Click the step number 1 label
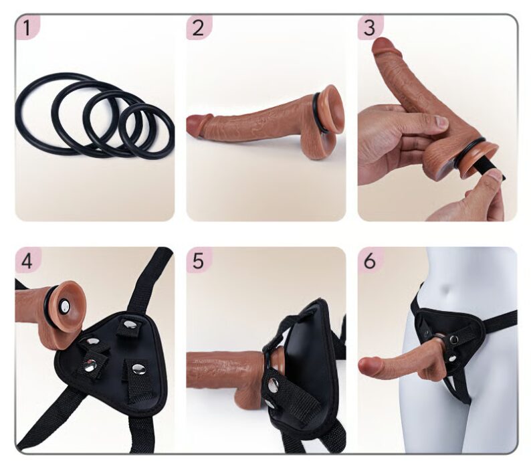tap(27, 28)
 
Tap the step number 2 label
tap(198, 28)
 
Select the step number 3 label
tap(369, 28)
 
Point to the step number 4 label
tap(27, 262)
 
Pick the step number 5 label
tap(198, 262)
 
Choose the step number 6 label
tap(369, 262)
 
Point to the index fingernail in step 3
tap(441, 122)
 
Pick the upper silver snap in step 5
tap(273, 384)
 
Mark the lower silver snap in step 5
tap(270, 403)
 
